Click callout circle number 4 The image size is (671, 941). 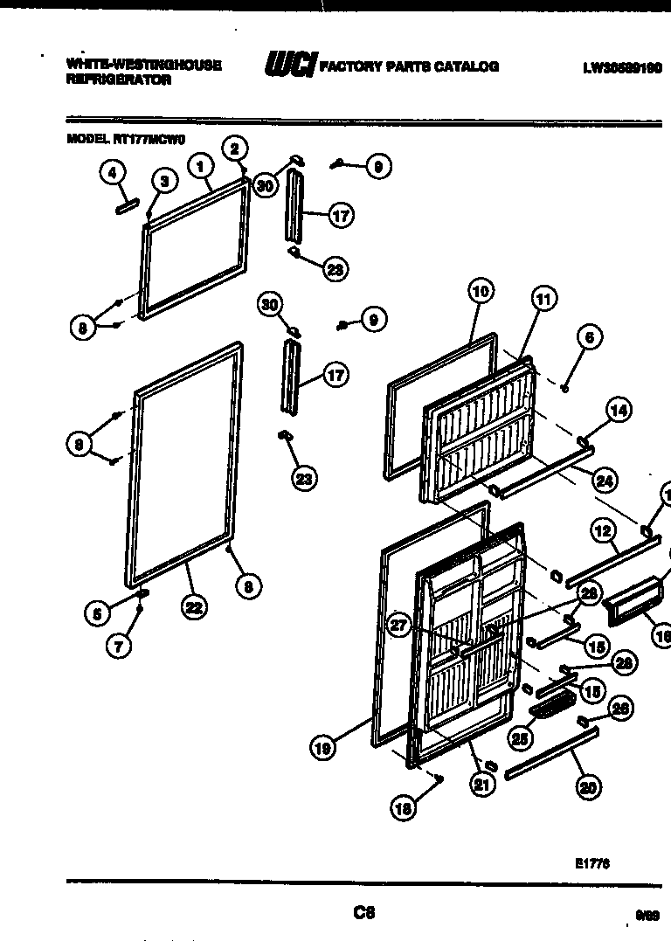(x=111, y=173)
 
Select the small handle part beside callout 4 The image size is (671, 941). (x=126, y=205)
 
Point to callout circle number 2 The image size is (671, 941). (x=234, y=148)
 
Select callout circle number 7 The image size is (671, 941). (x=120, y=647)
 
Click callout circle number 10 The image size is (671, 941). (x=480, y=292)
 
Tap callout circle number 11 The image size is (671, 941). (x=543, y=300)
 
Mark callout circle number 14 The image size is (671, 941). (x=619, y=410)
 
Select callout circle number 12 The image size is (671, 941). (x=602, y=530)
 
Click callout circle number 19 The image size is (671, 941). (x=323, y=747)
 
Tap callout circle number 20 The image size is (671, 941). (x=588, y=786)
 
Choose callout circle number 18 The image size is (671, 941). (x=403, y=809)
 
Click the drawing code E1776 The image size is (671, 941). (x=591, y=863)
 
